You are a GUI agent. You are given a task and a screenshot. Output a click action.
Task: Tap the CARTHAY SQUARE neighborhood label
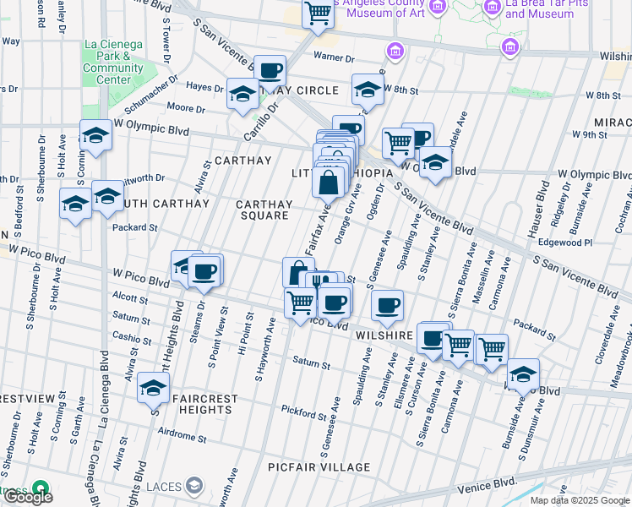(x=264, y=210)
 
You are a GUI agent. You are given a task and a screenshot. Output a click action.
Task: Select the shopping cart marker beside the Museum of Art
(x=318, y=14)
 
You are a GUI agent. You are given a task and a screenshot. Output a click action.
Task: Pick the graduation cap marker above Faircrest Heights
(x=153, y=387)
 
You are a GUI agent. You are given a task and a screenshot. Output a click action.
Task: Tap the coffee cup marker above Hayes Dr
(x=270, y=70)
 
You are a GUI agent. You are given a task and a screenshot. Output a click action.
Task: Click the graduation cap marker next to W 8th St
(x=368, y=90)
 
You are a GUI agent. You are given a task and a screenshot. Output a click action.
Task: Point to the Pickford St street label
(x=304, y=414)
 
